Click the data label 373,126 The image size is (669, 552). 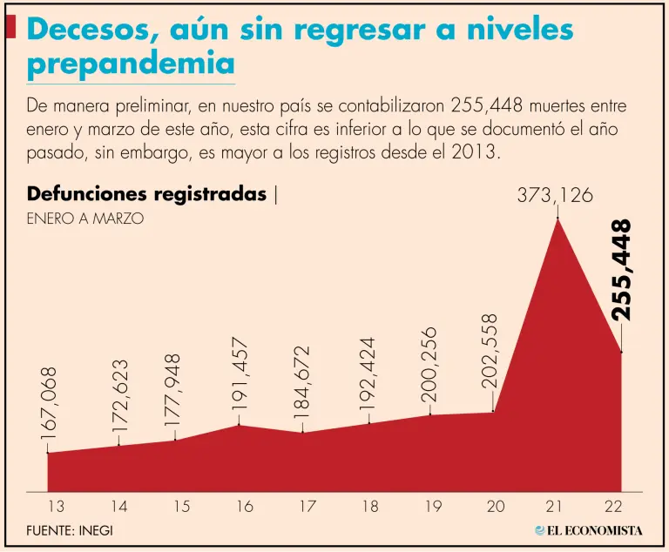pyautogui.click(x=555, y=196)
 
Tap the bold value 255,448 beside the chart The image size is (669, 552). pyautogui.click(x=623, y=271)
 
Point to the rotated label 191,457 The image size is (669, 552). pyautogui.click(x=241, y=375)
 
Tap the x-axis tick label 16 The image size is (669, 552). pyautogui.click(x=245, y=506)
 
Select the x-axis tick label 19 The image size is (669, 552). pyautogui.click(x=433, y=506)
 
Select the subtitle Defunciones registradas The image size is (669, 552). pyautogui.click(x=146, y=194)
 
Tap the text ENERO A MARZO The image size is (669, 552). pyautogui.click(x=84, y=219)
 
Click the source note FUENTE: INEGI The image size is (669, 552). pyautogui.click(x=70, y=530)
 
